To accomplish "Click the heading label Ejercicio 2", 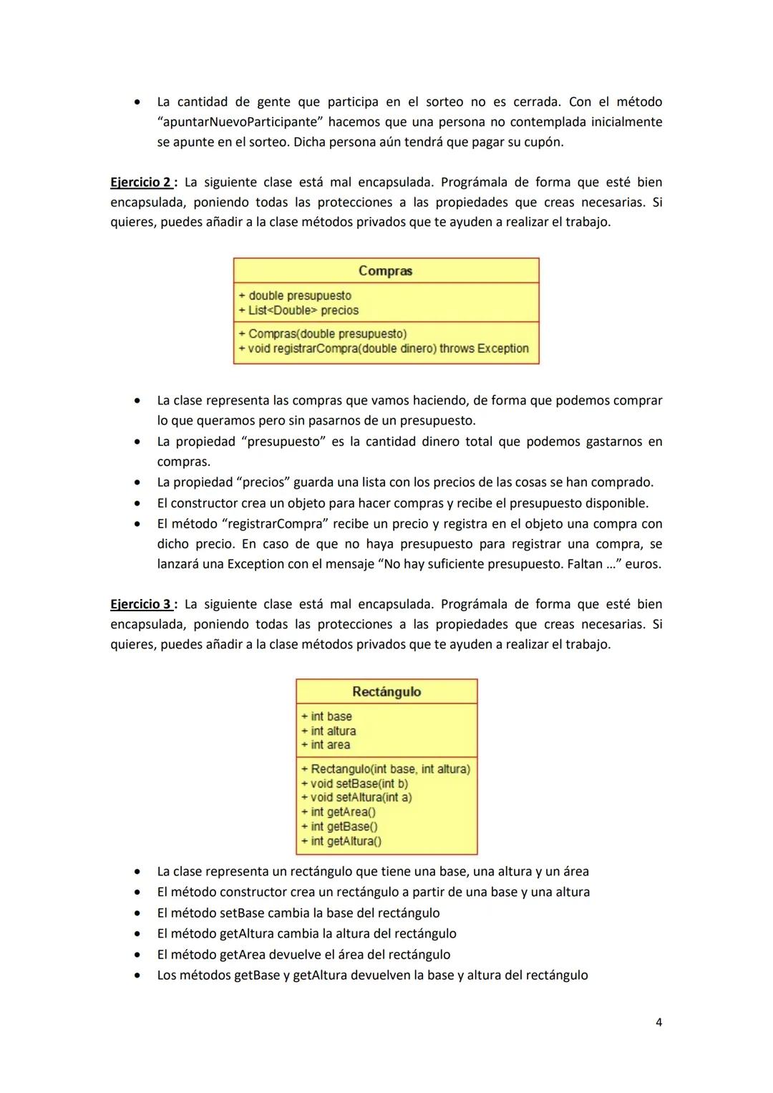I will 140,183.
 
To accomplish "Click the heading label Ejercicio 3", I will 140,604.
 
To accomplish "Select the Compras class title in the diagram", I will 385,271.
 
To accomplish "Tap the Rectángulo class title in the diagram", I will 386,691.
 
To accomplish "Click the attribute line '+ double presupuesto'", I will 295,296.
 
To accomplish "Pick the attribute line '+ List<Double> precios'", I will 298,311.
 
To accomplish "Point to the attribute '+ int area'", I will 326,745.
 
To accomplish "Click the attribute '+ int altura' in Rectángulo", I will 329,731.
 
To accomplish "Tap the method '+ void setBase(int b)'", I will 354,783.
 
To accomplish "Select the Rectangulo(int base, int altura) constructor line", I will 386,769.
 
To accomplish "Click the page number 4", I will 658,1022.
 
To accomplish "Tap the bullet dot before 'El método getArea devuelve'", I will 136,955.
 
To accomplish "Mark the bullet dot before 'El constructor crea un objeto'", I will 136,503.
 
